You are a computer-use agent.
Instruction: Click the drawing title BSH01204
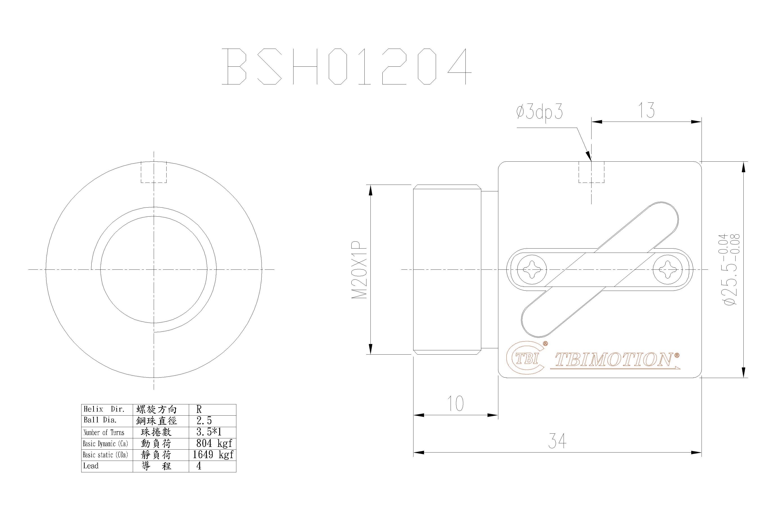click(347, 66)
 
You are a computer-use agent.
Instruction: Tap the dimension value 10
click(456, 404)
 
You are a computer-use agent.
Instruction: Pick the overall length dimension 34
click(557, 441)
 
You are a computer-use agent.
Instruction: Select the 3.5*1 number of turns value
click(209, 432)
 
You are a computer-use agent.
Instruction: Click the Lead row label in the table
click(91, 466)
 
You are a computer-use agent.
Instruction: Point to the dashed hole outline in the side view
click(591, 172)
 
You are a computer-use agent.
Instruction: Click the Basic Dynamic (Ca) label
click(105, 444)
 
